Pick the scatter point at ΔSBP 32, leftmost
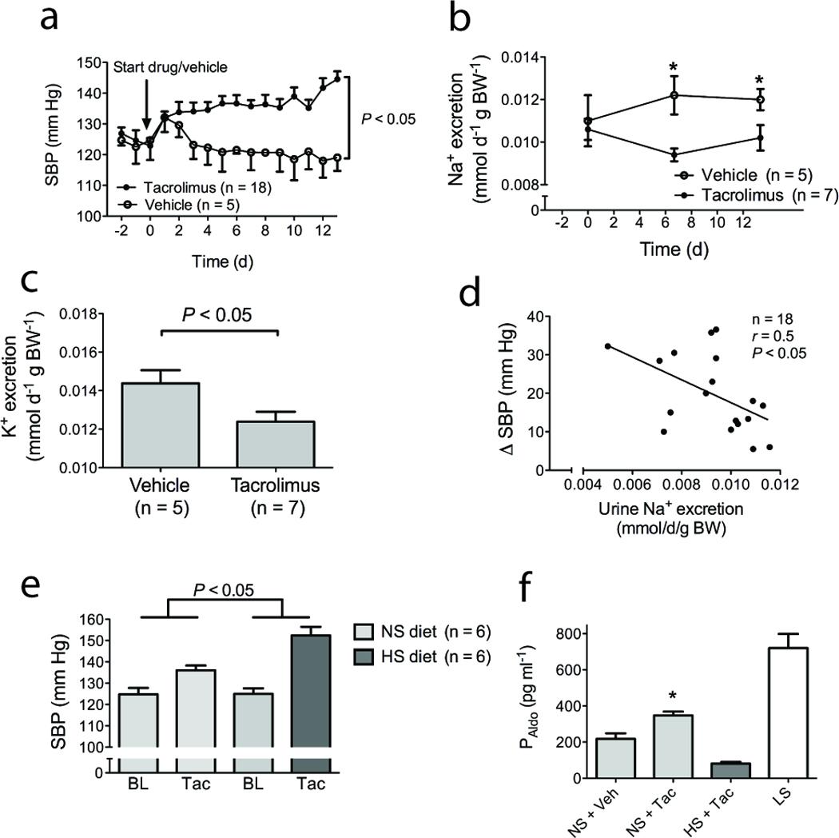[x=608, y=345]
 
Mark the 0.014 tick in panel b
[x=517, y=58]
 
